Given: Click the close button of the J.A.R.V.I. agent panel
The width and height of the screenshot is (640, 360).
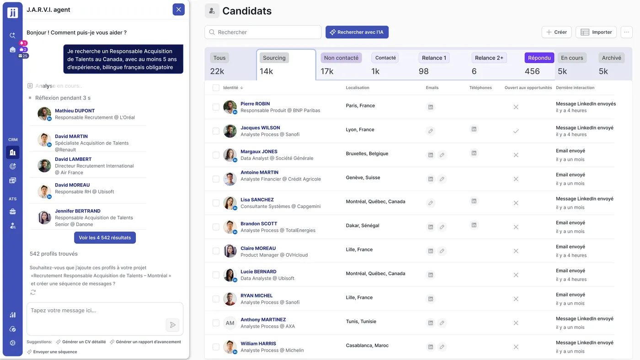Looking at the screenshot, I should click(x=178, y=10).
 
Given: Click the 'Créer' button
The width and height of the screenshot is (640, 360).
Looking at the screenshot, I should click(x=556, y=32).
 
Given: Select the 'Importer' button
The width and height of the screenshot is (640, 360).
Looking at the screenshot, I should click(x=596, y=32).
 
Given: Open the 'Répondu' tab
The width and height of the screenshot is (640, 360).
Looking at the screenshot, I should click(x=539, y=58).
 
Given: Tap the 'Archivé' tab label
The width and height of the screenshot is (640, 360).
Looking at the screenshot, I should click(x=611, y=58).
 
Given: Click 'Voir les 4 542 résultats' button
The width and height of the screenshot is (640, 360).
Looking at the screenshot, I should click(x=105, y=238).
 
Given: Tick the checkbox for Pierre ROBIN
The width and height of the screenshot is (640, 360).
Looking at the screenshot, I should click(x=216, y=107).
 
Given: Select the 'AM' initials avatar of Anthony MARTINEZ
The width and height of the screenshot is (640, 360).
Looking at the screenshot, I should click(x=230, y=323).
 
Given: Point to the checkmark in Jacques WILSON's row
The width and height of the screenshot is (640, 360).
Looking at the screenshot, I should click(x=516, y=131).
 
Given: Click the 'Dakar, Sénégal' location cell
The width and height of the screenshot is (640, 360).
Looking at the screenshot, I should click(x=363, y=226).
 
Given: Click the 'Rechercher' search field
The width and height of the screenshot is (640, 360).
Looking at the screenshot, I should click(x=263, y=32).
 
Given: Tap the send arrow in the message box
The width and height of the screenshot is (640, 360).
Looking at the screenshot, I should click(x=172, y=325).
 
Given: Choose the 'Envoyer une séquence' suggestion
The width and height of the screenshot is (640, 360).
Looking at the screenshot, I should click(x=55, y=352).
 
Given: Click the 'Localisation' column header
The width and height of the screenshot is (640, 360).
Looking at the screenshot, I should click(x=357, y=88).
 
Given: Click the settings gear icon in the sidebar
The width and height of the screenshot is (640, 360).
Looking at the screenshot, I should click(x=12, y=343).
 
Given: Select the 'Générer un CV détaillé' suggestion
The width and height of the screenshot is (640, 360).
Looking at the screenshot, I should click(x=84, y=342).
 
